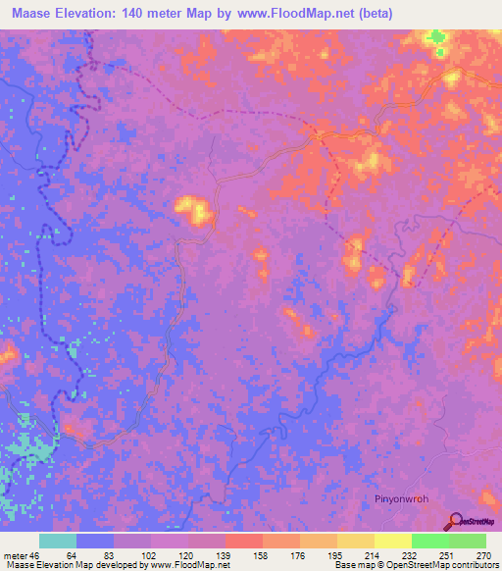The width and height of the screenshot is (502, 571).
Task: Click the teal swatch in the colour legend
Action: pos(58,541)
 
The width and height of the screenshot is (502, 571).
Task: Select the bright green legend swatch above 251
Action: pos(429,541)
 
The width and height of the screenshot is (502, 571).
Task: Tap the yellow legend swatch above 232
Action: pos(392,541)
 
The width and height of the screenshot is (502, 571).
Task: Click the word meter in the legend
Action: pos(16,555)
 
